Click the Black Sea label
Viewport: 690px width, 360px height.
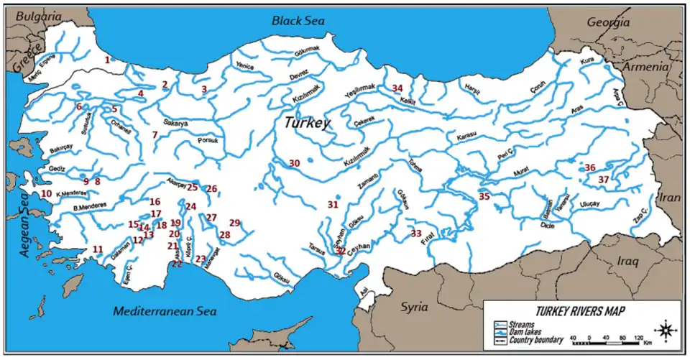298,21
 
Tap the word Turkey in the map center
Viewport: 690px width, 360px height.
307,123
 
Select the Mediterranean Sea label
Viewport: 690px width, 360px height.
165,311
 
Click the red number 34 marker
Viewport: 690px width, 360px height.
397,88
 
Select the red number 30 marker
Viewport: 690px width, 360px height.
295,163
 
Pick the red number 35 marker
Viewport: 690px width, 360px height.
484,196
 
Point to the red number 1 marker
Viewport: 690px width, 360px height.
107,60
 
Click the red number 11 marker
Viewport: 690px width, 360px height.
98,249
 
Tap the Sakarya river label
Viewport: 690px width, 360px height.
175,124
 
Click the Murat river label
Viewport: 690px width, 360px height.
521,170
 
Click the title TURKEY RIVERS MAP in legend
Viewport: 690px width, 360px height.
579,311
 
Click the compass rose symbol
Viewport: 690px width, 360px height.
666,330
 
